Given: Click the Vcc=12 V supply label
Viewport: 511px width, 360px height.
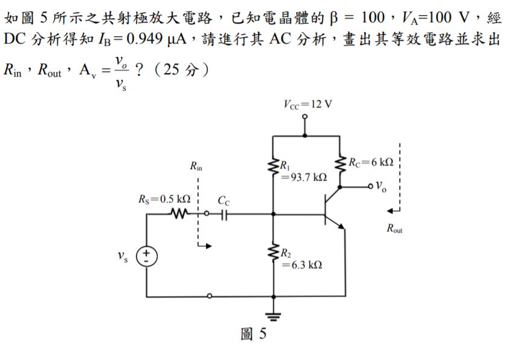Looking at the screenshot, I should pos(307,103).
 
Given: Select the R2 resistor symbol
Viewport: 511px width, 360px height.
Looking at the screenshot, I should pos(274,256).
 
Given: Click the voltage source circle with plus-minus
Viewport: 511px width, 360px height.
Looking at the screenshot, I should pos(146,257).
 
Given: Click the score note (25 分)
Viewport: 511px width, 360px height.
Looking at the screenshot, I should pos(181,71).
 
